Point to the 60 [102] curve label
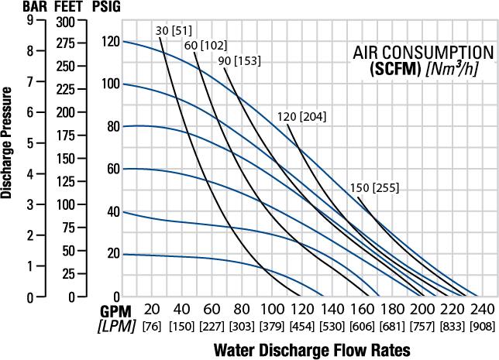click(205, 45)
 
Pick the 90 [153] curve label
click(239, 60)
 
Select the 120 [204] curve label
click(302, 117)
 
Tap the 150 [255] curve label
click(373, 187)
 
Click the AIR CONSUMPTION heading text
click(423, 53)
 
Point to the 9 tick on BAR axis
click(29, 21)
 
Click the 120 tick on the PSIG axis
click(112, 41)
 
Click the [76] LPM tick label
click(153, 327)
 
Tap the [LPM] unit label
click(115, 327)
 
